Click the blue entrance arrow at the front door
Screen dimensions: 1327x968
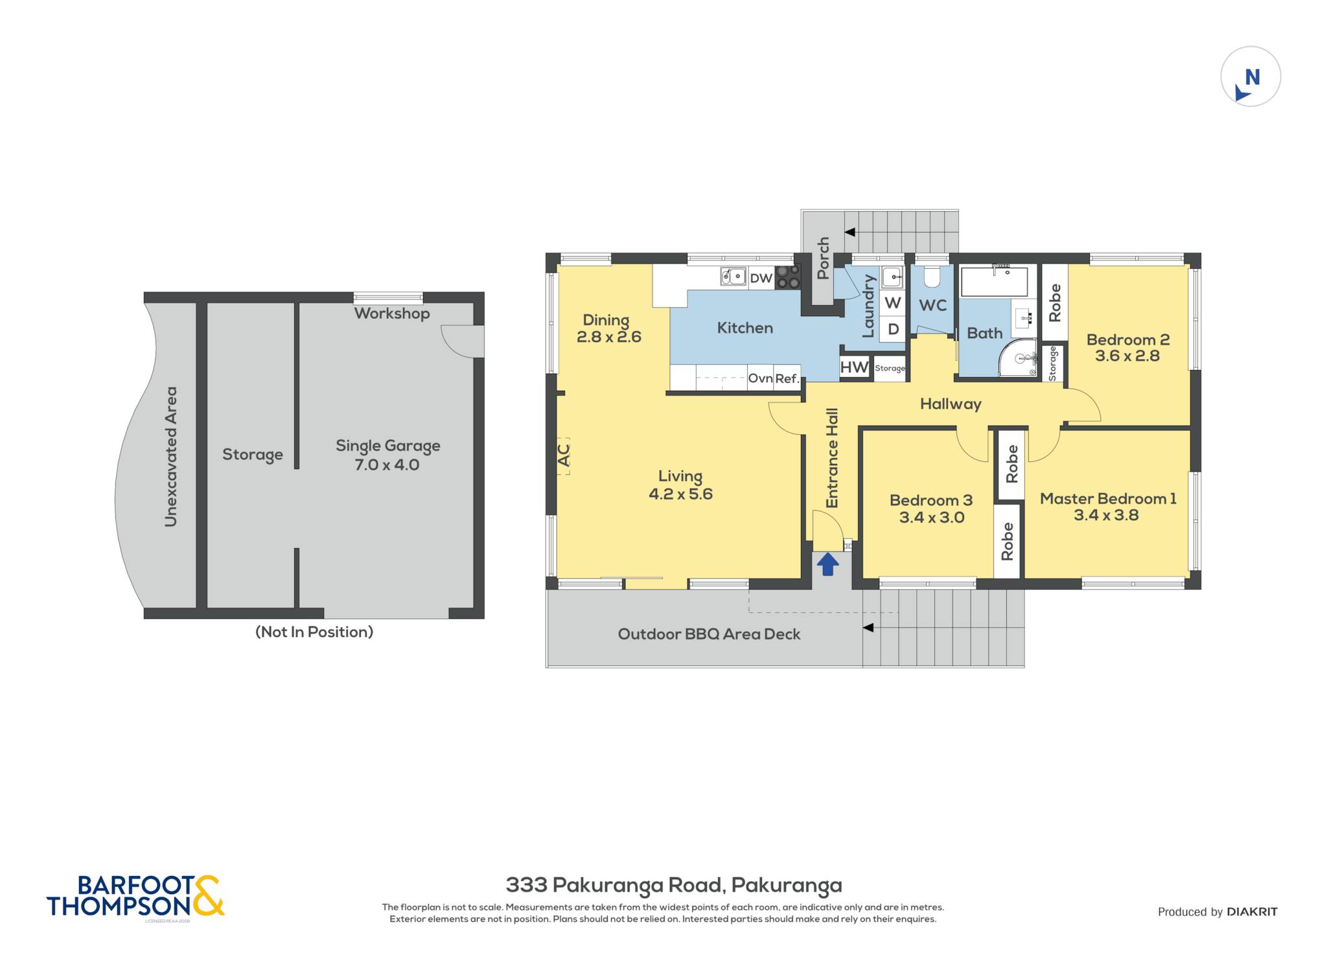pyautogui.click(x=827, y=564)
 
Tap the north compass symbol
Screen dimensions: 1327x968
pyautogui.click(x=1251, y=76)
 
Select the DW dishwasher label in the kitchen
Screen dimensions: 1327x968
pyautogui.click(x=761, y=278)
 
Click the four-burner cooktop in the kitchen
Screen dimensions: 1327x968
pyautogui.click(x=788, y=277)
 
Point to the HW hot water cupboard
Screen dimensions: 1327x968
pyautogui.click(x=854, y=367)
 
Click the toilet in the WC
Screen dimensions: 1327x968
pyautogui.click(x=932, y=277)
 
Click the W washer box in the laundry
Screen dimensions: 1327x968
pyautogui.click(x=892, y=303)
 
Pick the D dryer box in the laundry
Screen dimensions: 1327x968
pyautogui.click(x=893, y=328)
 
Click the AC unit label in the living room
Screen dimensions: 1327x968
pyautogui.click(x=564, y=454)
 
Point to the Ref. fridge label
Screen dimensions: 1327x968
pyautogui.click(x=787, y=378)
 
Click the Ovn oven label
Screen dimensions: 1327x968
pyautogui.click(x=760, y=378)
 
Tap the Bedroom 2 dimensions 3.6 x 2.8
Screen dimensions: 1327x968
pyautogui.click(x=1127, y=356)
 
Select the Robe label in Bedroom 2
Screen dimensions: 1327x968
pyautogui.click(x=1055, y=303)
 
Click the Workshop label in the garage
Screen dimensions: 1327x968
pyautogui.click(x=392, y=314)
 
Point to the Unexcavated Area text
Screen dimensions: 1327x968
pyautogui.click(x=170, y=457)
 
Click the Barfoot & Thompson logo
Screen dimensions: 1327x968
pyautogui.click(x=135, y=896)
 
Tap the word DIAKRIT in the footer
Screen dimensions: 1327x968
pyautogui.click(x=1252, y=912)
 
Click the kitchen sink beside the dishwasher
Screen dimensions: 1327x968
pyautogui.click(x=733, y=277)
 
